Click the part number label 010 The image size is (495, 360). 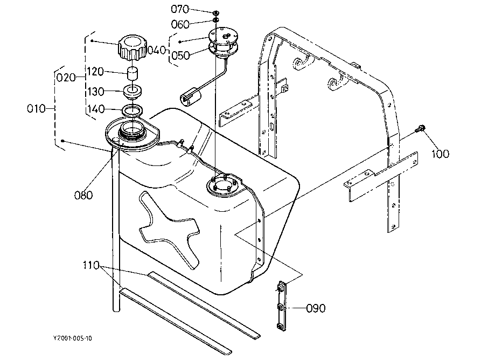[x=36, y=109]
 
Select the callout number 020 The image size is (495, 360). [x=66, y=78]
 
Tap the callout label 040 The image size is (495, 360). [x=157, y=50]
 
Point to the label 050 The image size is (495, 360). [x=180, y=56]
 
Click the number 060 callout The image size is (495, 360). [x=180, y=24]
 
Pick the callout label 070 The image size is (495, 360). [x=180, y=9]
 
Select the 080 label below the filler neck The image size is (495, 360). [x=83, y=195]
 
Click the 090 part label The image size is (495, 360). [x=316, y=308]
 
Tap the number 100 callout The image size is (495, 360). [x=440, y=154]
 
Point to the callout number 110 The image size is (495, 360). [x=91, y=265]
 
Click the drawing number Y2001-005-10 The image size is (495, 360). [x=73, y=338]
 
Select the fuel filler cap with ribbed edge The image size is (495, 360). [x=133, y=49]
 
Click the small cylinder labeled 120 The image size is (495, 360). [x=133, y=74]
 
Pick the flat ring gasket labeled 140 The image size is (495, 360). [x=133, y=110]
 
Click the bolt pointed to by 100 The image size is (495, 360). [x=420, y=128]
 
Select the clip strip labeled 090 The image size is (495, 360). [x=281, y=306]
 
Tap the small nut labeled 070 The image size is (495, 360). [x=215, y=13]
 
